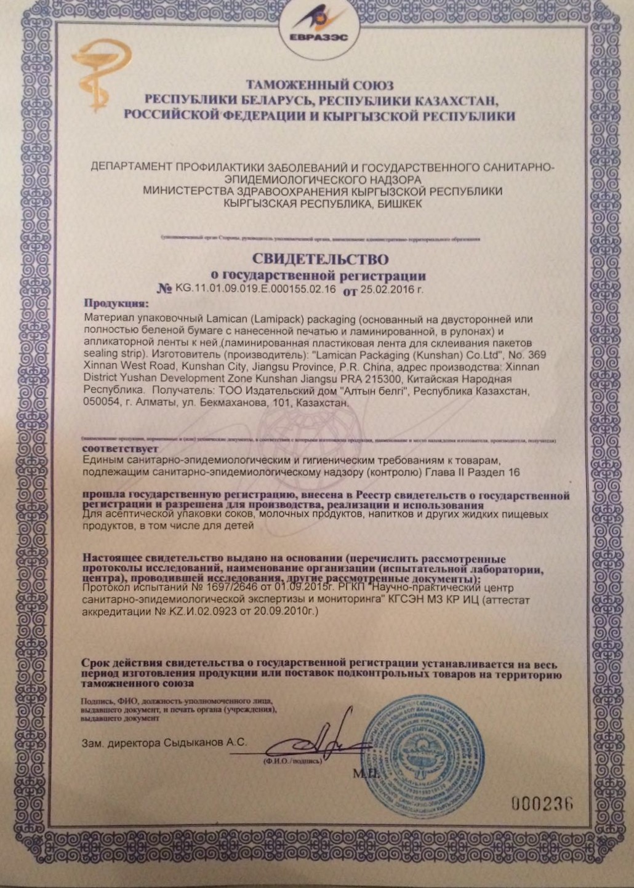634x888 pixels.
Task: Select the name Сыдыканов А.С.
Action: coord(206,742)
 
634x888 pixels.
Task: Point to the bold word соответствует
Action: coord(119,449)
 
